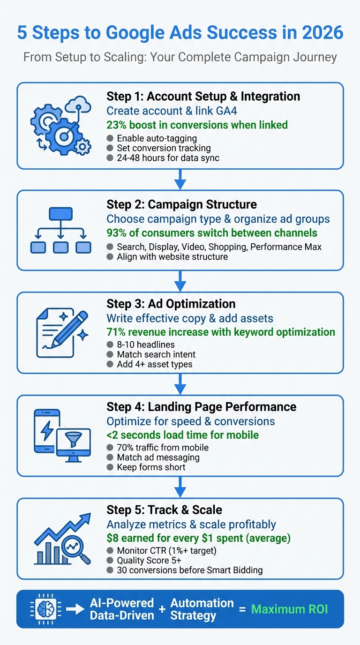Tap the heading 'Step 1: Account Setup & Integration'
click(203, 97)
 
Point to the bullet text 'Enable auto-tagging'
click(157, 138)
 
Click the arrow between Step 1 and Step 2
click(180, 179)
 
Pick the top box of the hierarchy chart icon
click(60, 214)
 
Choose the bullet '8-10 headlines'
click(139, 345)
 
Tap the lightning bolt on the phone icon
click(47, 430)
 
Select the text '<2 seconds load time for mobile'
click(182, 435)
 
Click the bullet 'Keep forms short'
click(151, 467)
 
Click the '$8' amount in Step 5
click(113, 538)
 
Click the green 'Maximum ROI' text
click(289, 609)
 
